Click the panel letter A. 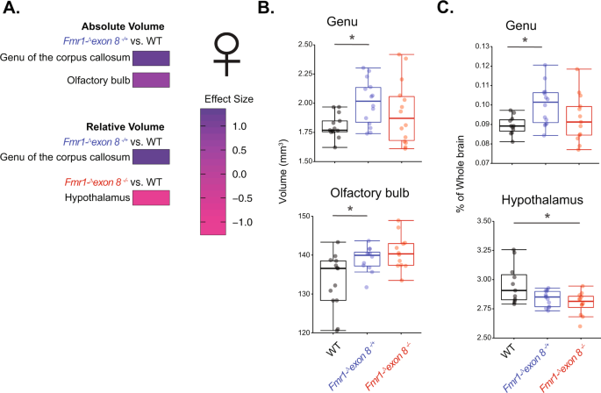11,11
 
